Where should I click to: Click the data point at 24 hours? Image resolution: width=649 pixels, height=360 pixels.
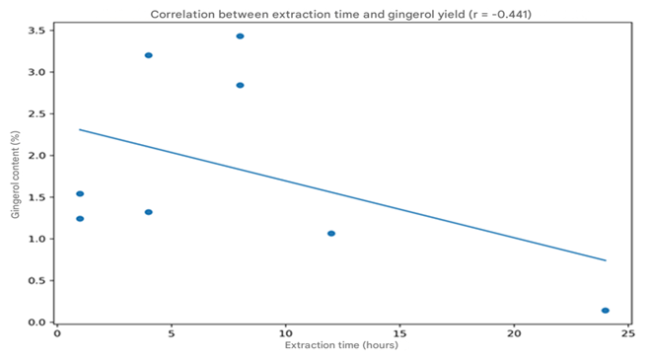[x=606, y=311]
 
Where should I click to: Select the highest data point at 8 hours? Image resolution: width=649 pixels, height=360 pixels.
[x=240, y=36]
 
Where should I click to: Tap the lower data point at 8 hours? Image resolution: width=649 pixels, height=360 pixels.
[x=240, y=85]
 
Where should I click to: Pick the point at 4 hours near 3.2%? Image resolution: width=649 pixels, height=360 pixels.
[x=149, y=55]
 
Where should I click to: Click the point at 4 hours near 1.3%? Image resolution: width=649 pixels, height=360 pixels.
[x=149, y=212]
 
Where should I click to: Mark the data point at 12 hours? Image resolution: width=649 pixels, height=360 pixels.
[x=331, y=234]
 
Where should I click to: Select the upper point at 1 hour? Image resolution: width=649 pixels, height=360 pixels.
[x=80, y=193]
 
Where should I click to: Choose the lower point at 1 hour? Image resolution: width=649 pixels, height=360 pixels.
[x=80, y=219]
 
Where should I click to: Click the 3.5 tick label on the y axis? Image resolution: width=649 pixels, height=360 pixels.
[x=36, y=31]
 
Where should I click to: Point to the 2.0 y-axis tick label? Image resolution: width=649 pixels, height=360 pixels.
[x=36, y=156]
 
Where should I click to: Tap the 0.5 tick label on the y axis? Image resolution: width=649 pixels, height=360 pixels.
[x=36, y=280]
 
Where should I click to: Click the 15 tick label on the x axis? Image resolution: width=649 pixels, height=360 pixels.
[x=399, y=333]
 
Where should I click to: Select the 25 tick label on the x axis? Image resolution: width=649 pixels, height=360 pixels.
[x=628, y=333]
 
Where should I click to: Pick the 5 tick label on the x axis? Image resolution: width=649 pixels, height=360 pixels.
[x=172, y=333]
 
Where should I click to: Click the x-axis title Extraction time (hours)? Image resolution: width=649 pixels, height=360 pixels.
[x=341, y=345]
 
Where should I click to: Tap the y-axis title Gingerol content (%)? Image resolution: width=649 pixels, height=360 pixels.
[x=16, y=175]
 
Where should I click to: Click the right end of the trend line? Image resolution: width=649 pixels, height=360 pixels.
[x=606, y=260]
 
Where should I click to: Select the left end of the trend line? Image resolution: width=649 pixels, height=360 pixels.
[x=80, y=129]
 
